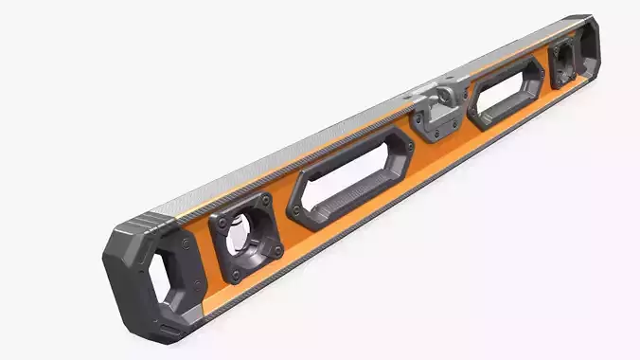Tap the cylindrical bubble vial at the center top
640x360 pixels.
click(x=439, y=95)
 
